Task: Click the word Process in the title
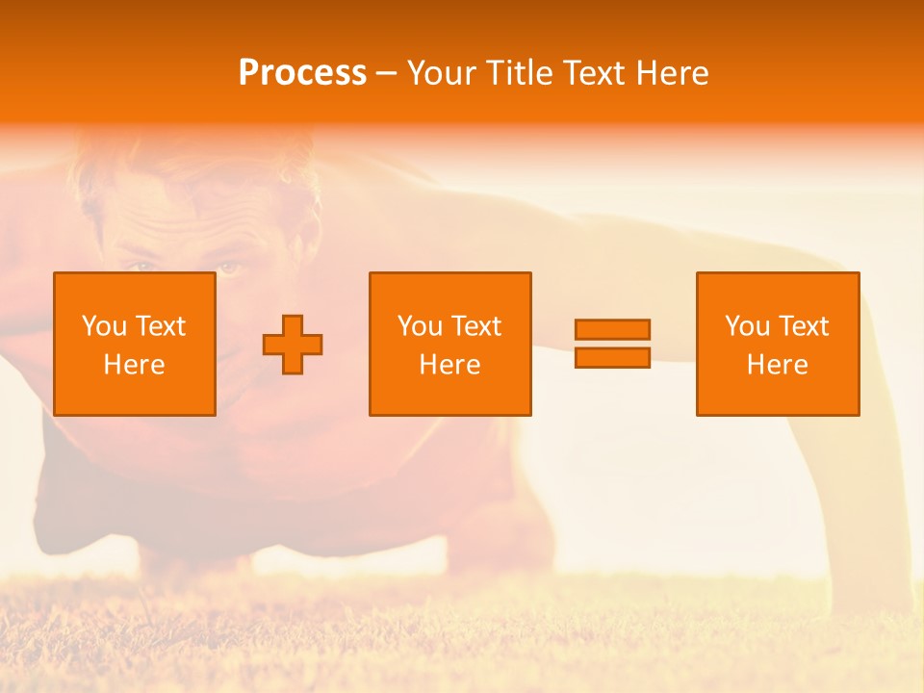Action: [x=302, y=73]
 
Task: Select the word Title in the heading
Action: [x=522, y=73]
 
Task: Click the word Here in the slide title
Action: [x=675, y=73]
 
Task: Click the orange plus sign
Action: [x=293, y=345]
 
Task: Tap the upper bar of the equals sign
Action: [x=612, y=329]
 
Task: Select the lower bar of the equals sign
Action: [x=612, y=357]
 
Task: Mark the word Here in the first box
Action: [x=134, y=365]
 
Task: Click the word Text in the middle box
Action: [x=475, y=326]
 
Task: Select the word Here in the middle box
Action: [x=449, y=365]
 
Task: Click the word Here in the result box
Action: [x=777, y=365]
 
